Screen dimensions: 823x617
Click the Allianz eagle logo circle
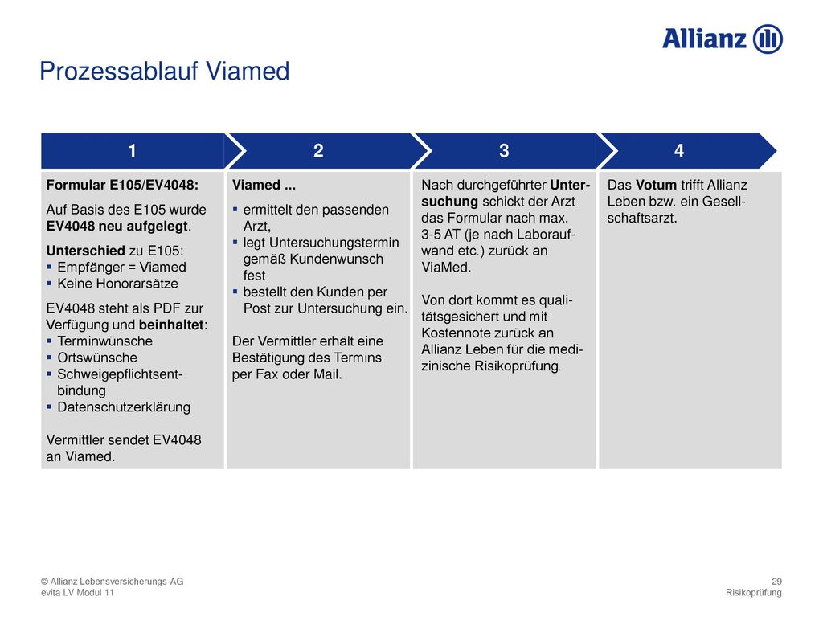[768, 39]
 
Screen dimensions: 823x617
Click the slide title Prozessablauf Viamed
[164, 71]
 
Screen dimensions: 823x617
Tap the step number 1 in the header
[133, 150]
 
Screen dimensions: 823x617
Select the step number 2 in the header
[318, 150]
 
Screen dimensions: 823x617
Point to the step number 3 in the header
[504, 150]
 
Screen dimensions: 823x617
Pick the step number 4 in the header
[679, 150]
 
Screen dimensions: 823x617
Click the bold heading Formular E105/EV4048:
[122, 185]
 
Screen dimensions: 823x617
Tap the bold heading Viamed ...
[256, 185]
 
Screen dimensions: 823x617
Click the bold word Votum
[656, 185]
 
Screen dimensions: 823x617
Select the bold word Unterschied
[85, 251]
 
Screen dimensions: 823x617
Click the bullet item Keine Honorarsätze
[117, 284]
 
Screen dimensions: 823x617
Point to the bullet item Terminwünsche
[105, 341]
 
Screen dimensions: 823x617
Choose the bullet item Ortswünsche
[97, 358]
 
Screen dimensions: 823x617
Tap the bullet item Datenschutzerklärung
[124, 407]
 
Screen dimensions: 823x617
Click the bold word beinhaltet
[171, 325]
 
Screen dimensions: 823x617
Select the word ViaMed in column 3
[446, 267]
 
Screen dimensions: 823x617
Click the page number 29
[777, 582]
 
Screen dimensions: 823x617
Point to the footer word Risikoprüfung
[754, 592]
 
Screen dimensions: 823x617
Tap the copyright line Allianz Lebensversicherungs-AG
[113, 582]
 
